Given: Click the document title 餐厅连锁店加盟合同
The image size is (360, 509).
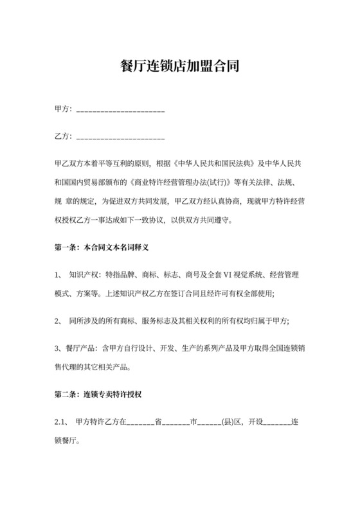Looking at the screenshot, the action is (180, 66).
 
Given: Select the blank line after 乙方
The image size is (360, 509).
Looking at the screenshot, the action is (120, 137).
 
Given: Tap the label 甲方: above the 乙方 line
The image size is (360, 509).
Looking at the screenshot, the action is (64, 110).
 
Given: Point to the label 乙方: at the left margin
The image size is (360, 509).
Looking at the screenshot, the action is (64, 136).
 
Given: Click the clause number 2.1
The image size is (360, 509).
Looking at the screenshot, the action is (61, 423).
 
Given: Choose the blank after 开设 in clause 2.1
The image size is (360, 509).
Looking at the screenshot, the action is (278, 424).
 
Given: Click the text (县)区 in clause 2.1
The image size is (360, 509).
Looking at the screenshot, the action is (231, 423).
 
